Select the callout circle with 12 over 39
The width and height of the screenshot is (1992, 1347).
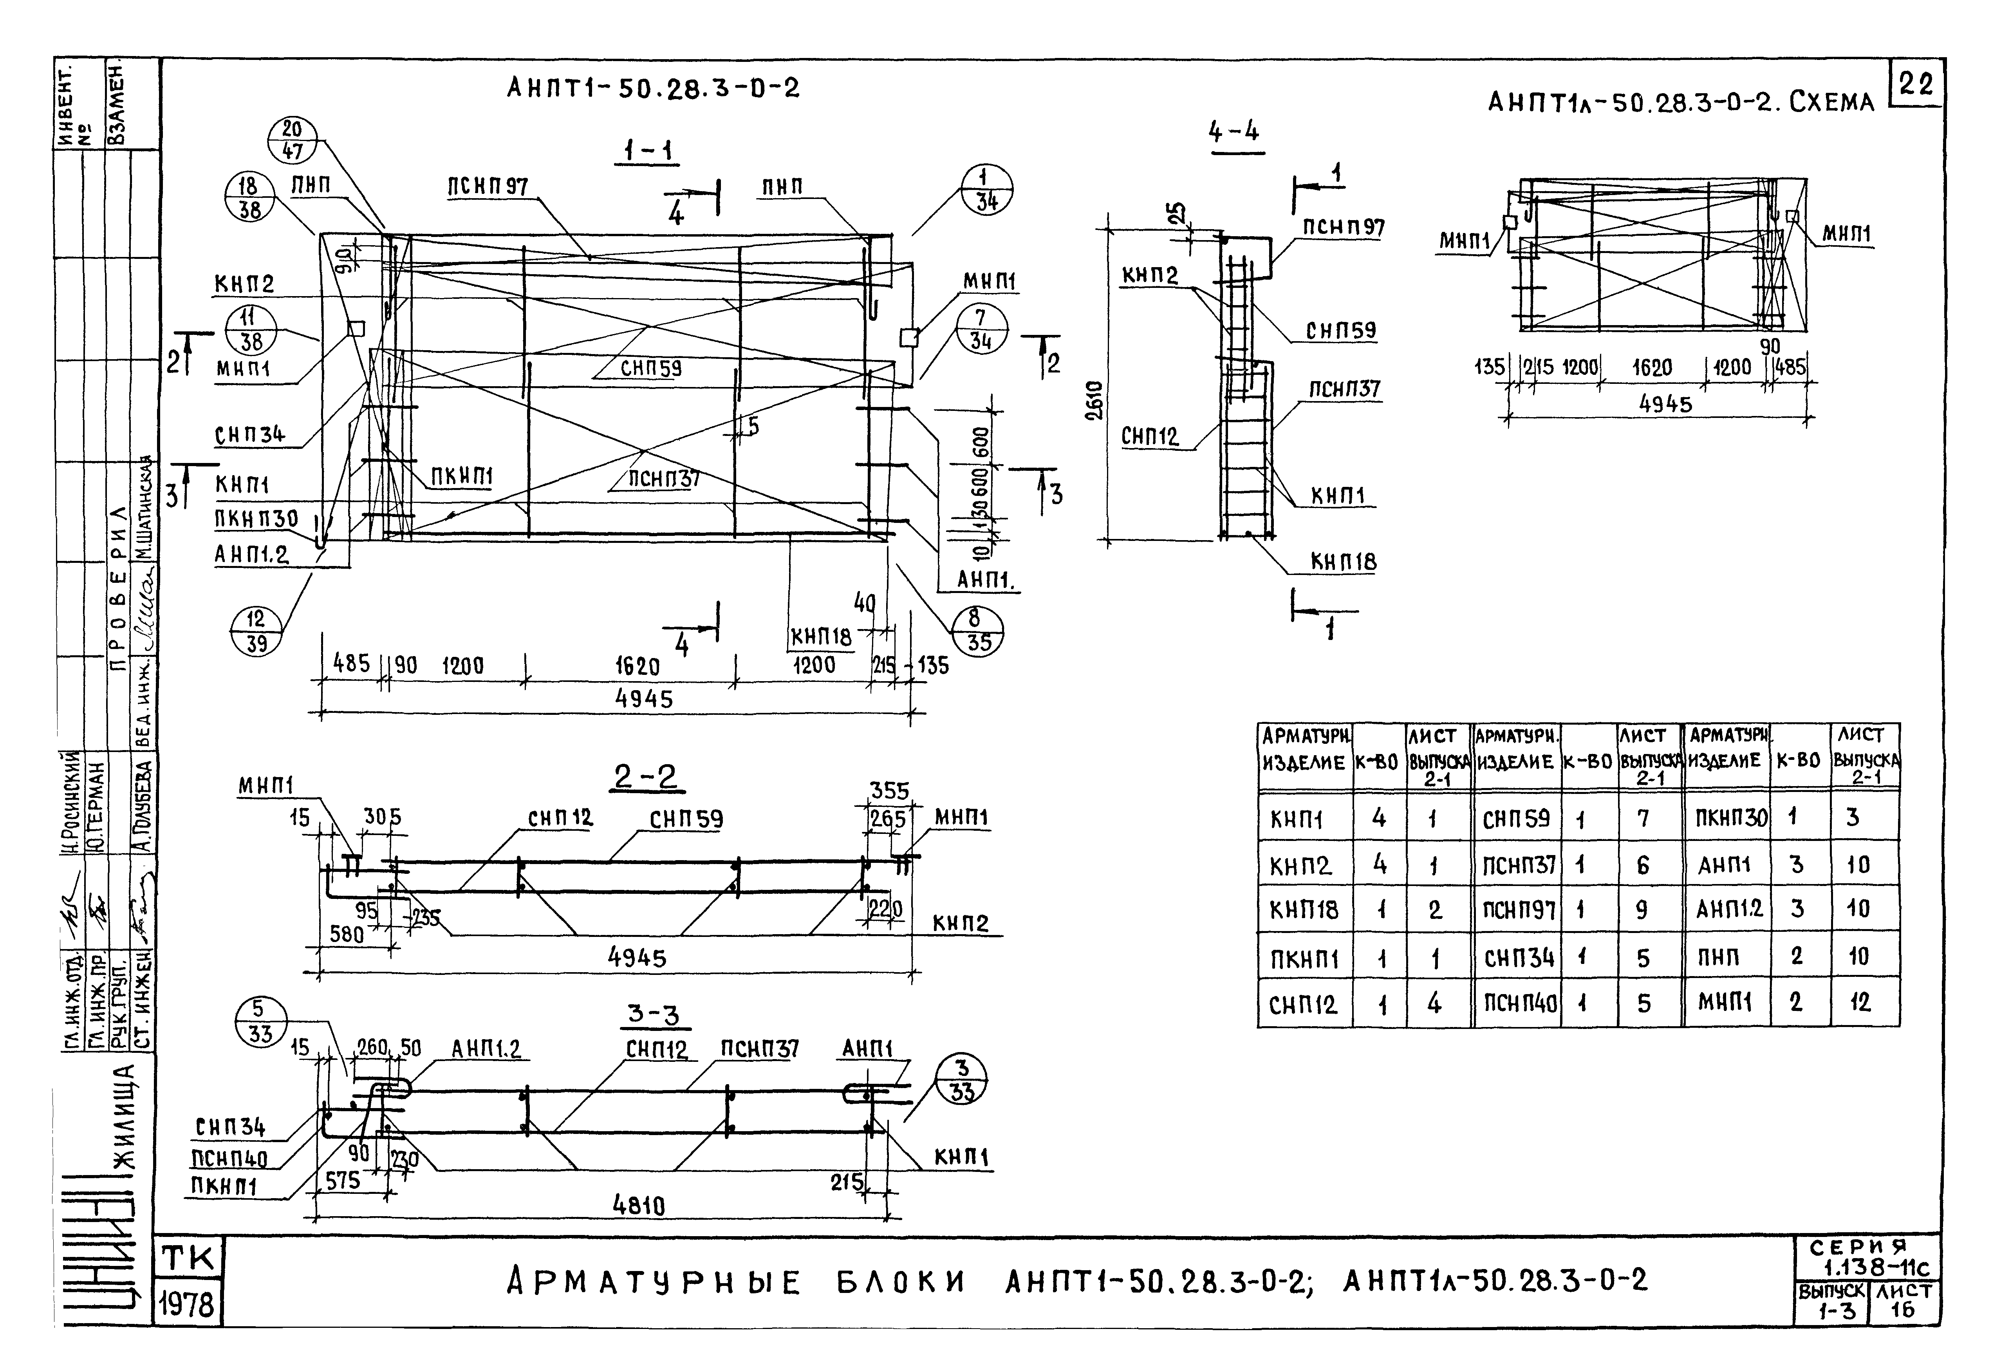click(256, 631)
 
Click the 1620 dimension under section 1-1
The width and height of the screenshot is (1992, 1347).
click(637, 666)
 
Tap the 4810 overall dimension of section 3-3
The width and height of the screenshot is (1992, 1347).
click(639, 1206)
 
